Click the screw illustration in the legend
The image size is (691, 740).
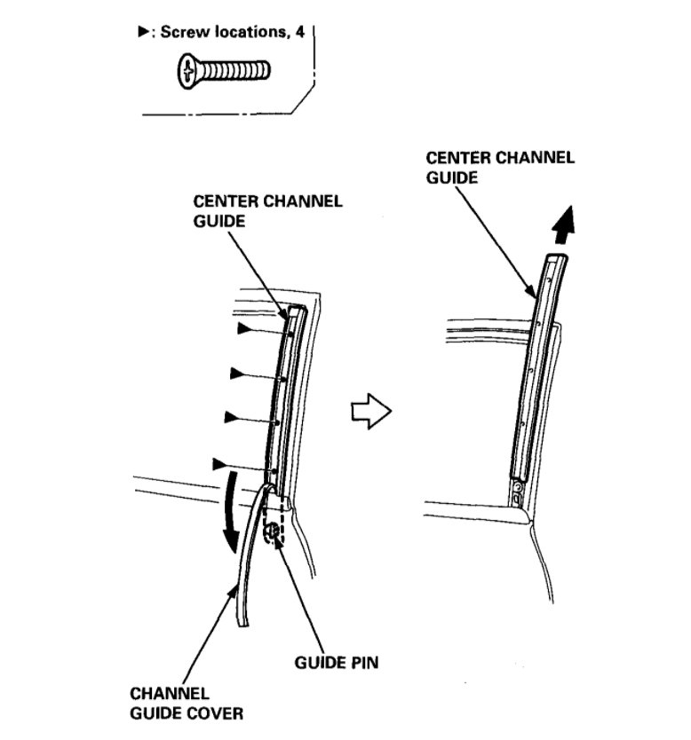point(222,70)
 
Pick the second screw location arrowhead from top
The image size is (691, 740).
point(237,374)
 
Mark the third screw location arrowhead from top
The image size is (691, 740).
point(232,416)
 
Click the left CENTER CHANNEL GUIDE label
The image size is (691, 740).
point(266,209)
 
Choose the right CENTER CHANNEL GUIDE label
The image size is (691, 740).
point(500,167)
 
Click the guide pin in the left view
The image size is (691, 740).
point(273,532)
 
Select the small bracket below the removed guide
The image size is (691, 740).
point(518,492)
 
